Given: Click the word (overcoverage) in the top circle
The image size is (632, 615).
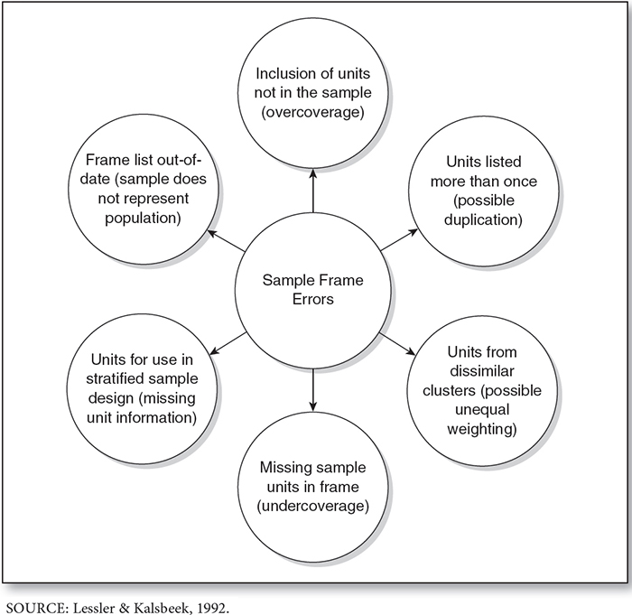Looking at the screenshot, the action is point(312,112).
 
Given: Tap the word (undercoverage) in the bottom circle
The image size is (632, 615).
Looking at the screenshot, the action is point(312,506).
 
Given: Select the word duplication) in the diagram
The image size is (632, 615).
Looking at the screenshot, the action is point(483,219).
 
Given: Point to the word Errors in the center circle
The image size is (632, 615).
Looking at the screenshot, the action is point(313,299).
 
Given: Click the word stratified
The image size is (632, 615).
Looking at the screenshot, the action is point(115,378).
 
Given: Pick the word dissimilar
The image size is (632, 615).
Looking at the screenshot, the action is point(482,371).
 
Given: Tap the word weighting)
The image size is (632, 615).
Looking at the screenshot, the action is point(482,429).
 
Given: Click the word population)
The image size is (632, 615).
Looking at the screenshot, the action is point(143,219).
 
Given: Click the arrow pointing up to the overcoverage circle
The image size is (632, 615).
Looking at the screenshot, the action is point(313,191).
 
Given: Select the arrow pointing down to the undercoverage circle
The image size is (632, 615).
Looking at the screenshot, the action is point(313,389).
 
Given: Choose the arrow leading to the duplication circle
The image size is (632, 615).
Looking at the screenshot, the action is point(399,240).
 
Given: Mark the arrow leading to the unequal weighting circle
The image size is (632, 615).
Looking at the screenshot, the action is point(397,344).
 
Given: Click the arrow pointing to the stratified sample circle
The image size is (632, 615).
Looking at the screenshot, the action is point(228,343).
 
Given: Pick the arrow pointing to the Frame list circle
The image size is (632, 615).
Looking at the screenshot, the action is point(226,241).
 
